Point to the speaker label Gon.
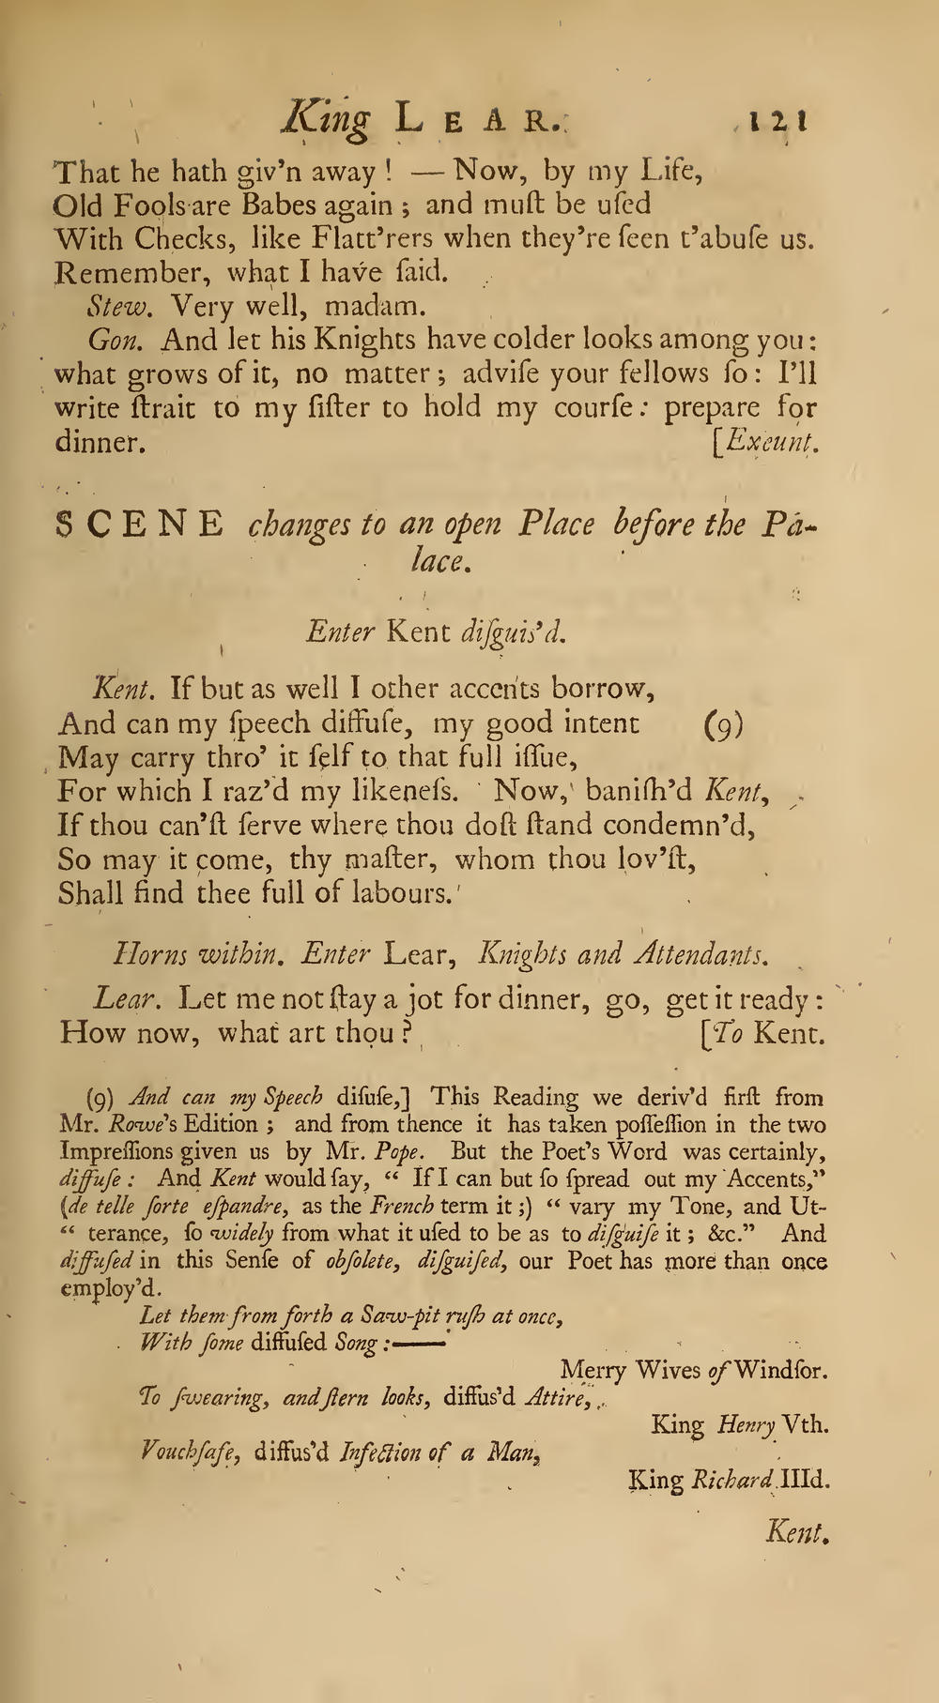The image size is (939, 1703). point(113,340)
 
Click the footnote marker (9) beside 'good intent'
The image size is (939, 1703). point(723,724)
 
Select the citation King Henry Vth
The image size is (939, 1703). point(740,1425)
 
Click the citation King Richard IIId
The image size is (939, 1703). point(730,1480)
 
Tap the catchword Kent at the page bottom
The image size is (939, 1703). point(799,1533)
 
